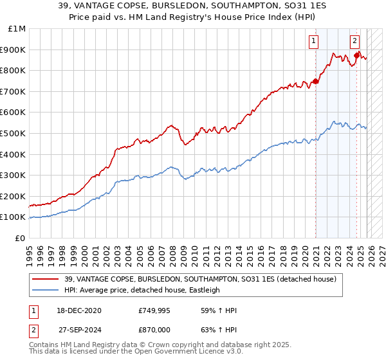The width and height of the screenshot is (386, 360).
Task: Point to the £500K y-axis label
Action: tap(14, 133)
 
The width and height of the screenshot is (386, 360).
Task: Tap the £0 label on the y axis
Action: tap(21, 238)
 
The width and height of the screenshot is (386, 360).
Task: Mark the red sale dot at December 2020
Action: tap(316, 81)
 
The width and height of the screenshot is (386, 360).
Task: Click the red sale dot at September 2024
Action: tap(357, 56)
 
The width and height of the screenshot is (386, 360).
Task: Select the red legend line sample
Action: tap(46, 279)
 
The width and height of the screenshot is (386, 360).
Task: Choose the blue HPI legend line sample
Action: tap(46, 290)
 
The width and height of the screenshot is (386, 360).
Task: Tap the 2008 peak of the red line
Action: tap(170, 125)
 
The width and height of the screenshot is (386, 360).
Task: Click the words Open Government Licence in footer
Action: tap(179, 352)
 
